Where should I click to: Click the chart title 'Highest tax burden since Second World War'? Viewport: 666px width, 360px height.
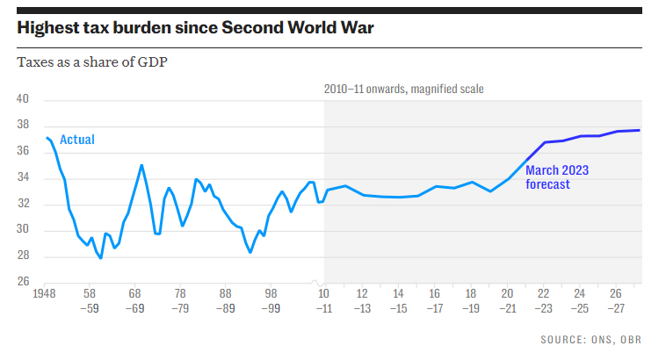(x=195, y=28)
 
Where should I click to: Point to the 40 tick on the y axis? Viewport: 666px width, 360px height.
(x=24, y=100)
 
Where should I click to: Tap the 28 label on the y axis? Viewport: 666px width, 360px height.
(x=24, y=256)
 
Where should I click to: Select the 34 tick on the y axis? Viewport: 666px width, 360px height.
(x=24, y=178)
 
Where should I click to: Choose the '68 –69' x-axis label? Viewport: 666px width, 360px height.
(x=136, y=300)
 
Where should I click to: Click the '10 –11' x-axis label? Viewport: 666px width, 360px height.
(x=325, y=300)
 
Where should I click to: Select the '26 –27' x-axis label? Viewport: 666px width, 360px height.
(x=618, y=300)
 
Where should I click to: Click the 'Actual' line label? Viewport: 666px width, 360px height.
(x=77, y=140)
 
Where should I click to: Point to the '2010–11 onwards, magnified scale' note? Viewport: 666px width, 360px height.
(x=403, y=89)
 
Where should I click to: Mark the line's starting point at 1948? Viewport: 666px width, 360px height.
(x=47, y=138)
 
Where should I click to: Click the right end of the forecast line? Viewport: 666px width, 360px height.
(x=639, y=131)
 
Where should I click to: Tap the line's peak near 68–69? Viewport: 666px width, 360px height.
(x=141, y=165)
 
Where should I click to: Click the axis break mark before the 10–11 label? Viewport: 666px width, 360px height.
(x=316, y=282)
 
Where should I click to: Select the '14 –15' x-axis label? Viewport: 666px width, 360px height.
(x=398, y=300)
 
